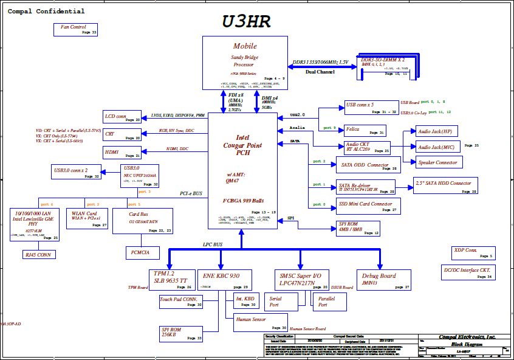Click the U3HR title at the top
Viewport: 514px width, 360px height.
[245, 22]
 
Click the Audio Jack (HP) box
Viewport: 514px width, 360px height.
[437, 132]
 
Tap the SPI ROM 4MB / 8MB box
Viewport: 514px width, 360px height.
[358, 228]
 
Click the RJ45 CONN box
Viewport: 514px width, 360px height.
[38, 254]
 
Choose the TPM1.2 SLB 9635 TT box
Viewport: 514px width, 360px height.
[172, 280]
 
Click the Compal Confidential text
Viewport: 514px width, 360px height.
[46, 12]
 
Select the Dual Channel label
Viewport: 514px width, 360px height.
[320, 72]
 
